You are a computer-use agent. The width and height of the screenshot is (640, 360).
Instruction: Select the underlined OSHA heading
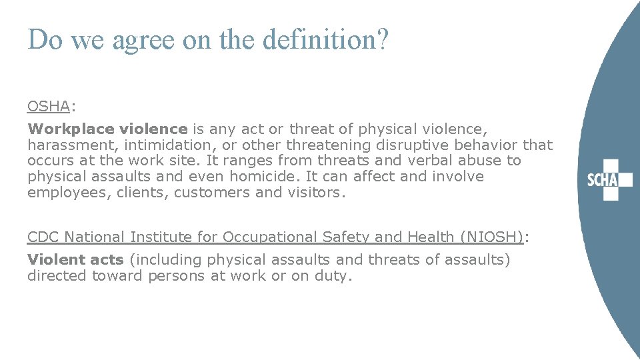click(x=48, y=106)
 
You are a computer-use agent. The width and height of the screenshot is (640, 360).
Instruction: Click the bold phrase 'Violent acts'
click(x=75, y=260)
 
